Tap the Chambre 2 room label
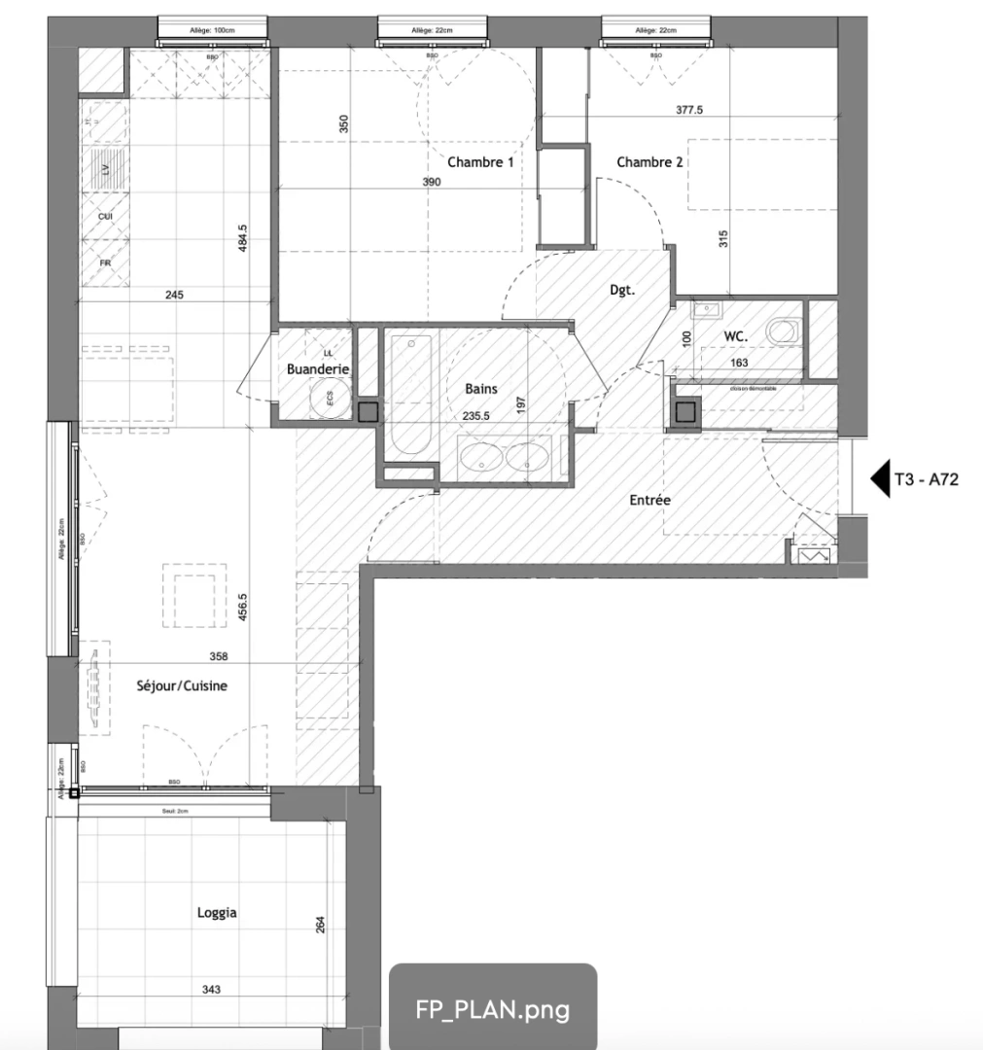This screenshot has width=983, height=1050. click(649, 162)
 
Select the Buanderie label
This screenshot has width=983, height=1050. click(317, 369)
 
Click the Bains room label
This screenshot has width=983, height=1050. click(480, 389)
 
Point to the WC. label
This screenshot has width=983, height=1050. click(735, 336)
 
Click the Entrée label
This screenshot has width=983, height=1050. click(649, 500)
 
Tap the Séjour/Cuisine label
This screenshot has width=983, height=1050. click(182, 685)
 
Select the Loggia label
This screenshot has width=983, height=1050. click(216, 913)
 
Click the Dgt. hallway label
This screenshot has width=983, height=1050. click(622, 289)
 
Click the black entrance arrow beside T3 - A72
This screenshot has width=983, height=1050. click(879, 478)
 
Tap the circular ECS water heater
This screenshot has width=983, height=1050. click(330, 398)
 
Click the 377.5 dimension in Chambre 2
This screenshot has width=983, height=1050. click(689, 110)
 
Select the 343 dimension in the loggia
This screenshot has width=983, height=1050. click(212, 990)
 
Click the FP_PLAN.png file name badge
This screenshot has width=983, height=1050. click(492, 1008)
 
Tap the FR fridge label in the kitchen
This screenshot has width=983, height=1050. click(105, 262)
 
